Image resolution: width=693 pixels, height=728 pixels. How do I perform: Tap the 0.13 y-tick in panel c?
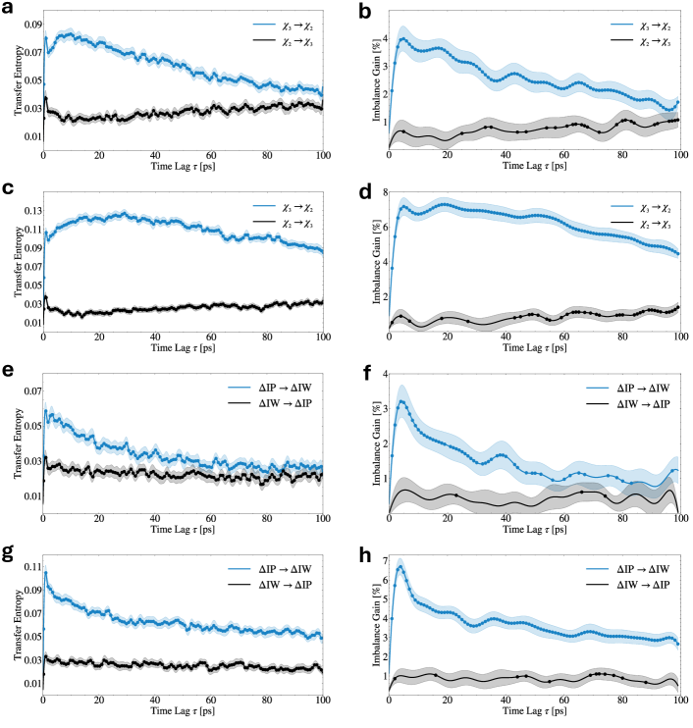[29, 211]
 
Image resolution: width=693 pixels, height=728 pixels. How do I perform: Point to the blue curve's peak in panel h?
[400, 566]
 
